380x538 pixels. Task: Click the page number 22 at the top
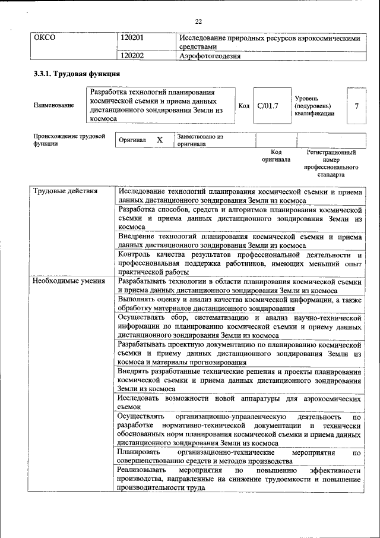[198, 22]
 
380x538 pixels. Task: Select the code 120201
[132, 37]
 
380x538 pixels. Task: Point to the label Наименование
[54, 106]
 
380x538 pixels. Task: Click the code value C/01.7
[268, 106]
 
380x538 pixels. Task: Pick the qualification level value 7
[356, 106]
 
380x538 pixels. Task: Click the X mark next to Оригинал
[160, 140]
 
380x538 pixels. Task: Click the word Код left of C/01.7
[243, 106]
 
